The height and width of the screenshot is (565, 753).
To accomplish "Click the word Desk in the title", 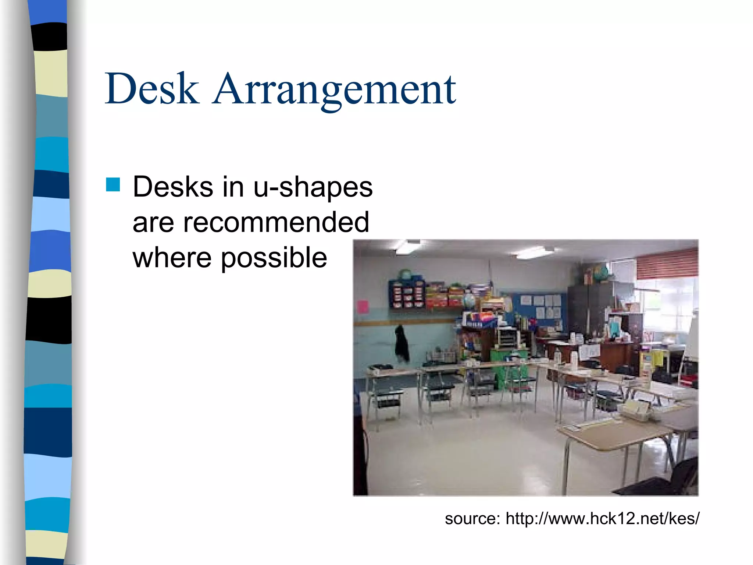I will click(152, 89).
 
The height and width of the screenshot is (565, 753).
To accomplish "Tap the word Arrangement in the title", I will click(334, 90).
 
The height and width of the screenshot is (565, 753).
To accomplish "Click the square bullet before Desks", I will click(113, 185).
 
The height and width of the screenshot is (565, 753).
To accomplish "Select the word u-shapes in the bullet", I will click(313, 187).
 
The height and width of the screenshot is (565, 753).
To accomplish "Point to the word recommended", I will click(276, 222).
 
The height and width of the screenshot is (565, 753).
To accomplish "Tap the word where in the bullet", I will click(172, 258).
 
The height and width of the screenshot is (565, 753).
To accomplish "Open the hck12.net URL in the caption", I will click(602, 518).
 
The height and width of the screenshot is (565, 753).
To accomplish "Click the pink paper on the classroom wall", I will click(363, 307).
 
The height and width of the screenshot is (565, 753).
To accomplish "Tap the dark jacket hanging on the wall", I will click(402, 343).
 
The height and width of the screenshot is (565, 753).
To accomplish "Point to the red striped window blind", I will click(667, 263).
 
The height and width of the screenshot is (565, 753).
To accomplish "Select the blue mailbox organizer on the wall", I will click(407, 294).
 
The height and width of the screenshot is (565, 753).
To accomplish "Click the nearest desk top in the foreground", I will click(610, 434).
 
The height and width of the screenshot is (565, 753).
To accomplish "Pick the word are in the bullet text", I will click(153, 222).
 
